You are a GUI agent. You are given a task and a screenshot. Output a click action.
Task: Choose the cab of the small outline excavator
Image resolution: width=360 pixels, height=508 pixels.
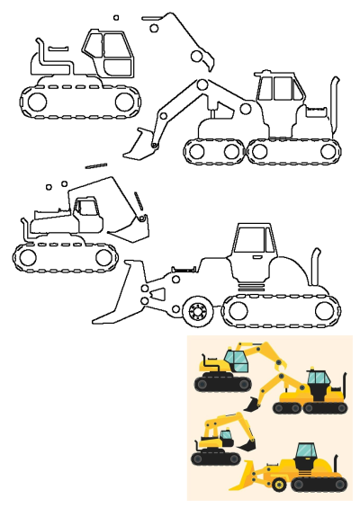coord(88,214)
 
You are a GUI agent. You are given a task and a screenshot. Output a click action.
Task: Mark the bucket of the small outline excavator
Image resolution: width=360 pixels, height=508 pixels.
coord(131,229)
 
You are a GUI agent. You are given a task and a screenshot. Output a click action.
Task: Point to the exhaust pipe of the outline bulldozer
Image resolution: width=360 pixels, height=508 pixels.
coord(316,266)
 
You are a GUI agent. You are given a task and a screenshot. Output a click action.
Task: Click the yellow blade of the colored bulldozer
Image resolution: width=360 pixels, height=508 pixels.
coord(242,477)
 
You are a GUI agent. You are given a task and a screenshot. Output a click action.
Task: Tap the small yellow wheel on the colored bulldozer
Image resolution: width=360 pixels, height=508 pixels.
coord(280,486)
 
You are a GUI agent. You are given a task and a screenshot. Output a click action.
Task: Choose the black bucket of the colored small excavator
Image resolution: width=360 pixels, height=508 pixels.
coord(247,446)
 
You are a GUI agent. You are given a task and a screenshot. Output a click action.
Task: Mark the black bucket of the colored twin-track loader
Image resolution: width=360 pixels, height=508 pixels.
coord(250,406)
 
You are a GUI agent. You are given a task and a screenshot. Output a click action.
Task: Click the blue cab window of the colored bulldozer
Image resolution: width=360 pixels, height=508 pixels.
coord(305,452)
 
